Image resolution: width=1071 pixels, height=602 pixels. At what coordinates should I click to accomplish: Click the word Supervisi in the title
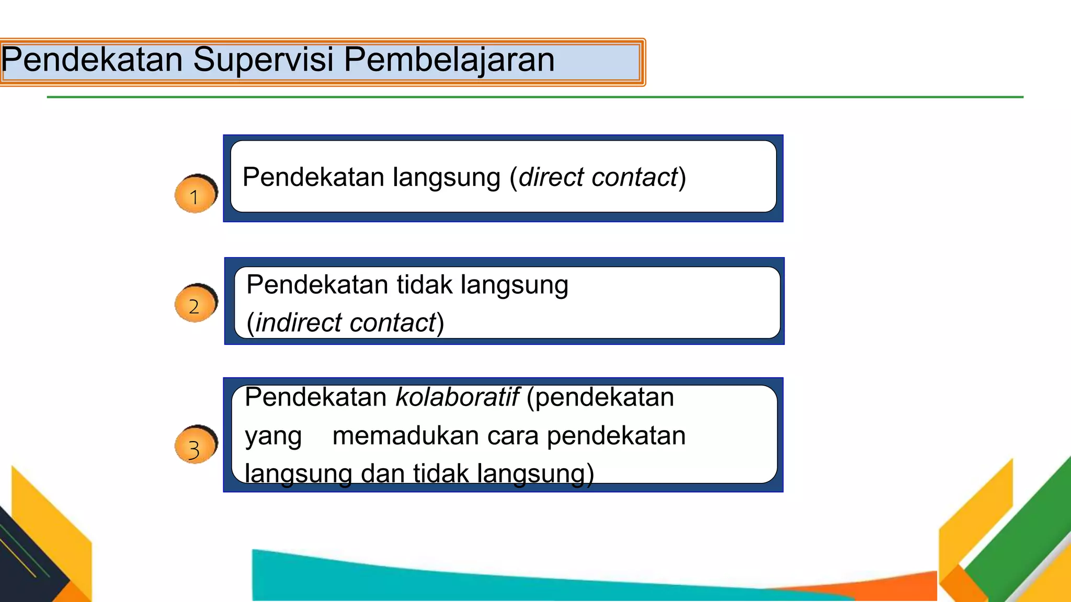(x=263, y=60)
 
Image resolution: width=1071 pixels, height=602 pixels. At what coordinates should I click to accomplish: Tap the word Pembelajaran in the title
(x=449, y=60)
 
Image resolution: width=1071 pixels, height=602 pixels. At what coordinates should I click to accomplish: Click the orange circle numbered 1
(x=195, y=195)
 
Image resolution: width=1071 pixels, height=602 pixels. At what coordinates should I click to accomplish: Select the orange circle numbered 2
(x=195, y=305)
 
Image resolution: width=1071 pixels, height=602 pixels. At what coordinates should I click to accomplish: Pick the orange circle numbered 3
(x=195, y=446)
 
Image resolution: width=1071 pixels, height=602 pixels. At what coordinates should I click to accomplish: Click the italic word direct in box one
(x=551, y=177)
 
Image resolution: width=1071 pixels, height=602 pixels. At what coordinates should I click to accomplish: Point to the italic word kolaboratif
(x=457, y=397)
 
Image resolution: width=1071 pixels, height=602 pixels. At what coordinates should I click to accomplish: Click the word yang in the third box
(x=274, y=437)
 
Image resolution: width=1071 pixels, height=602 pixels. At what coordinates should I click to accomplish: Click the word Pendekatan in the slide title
(x=92, y=60)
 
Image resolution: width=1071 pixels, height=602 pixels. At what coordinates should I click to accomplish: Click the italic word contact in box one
(x=634, y=177)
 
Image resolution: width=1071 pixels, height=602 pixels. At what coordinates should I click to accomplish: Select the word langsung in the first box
(x=447, y=178)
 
